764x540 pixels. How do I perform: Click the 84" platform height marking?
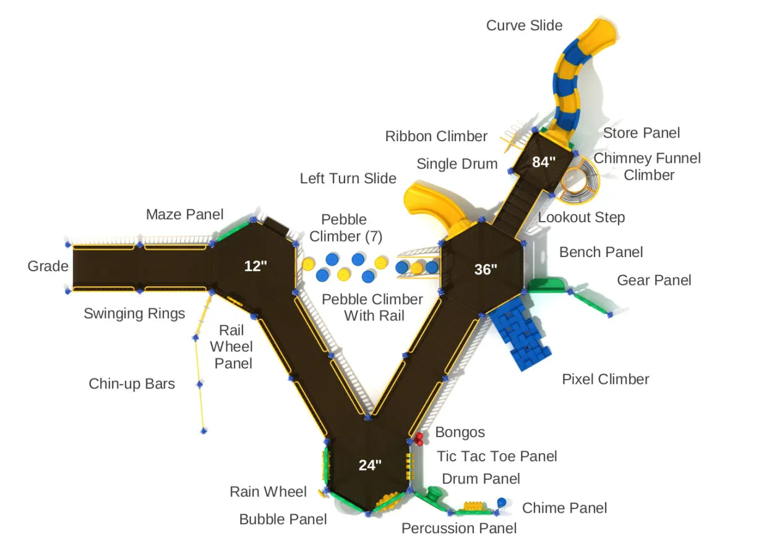(x=544, y=162)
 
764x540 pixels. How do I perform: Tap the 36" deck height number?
(x=486, y=269)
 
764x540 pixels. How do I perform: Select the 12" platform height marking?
(x=255, y=266)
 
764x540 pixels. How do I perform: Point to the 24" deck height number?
(x=370, y=465)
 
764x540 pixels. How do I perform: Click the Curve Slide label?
(x=524, y=25)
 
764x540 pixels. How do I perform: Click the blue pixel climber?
(x=520, y=337)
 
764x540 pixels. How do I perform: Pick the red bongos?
(x=419, y=438)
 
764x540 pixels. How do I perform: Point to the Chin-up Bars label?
(x=132, y=384)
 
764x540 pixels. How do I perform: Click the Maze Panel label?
(x=184, y=215)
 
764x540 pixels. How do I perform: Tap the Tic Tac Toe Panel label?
(x=497, y=456)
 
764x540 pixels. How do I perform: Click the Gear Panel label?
(x=654, y=281)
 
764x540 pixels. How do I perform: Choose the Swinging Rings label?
(x=134, y=313)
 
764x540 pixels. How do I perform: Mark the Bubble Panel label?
(x=283, y=519)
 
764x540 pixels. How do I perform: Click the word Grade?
(x=48, y=266)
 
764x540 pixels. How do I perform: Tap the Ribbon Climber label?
(x=436, y=136)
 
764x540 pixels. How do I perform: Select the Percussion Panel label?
(x=458, y=528)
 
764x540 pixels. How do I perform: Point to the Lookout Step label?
(x=581, y=217)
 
